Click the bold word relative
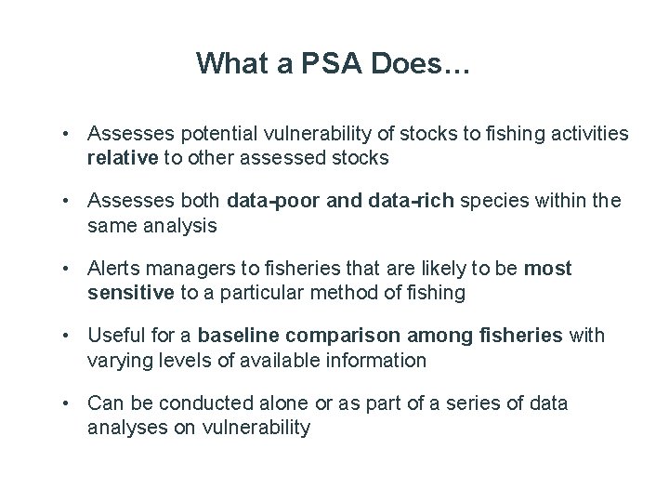click(123, 158)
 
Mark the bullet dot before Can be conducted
click(68, 403)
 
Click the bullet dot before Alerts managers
click(68, 270)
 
